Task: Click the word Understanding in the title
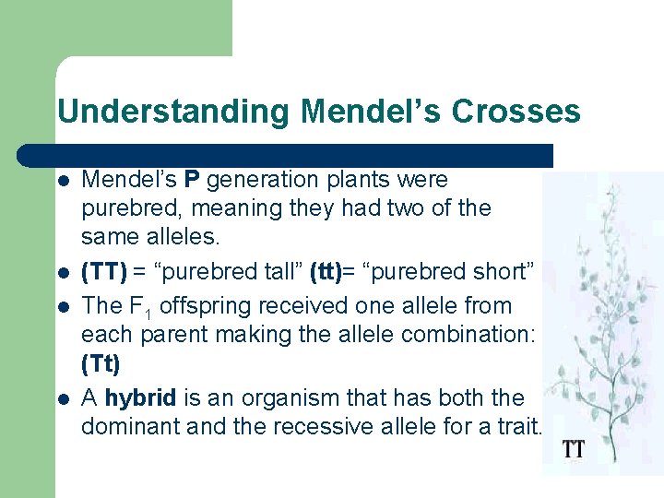[172, 112]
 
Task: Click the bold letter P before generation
[192, 180]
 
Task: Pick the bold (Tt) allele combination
[101, 364]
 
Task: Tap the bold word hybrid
[139, 398]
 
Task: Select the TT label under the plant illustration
[574, 451]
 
